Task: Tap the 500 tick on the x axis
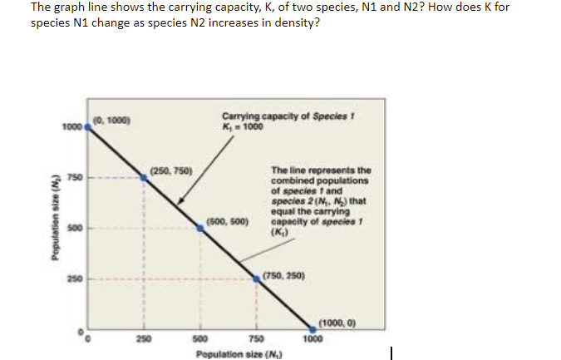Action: click(199, 339)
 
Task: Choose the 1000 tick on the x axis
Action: click(311, 339)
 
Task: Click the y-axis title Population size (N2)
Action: click(57, 229)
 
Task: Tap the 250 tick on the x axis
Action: click(143, 339)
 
